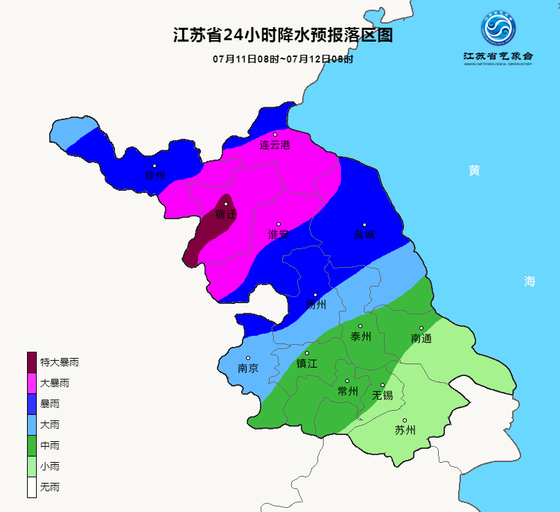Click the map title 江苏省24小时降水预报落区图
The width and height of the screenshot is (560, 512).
point(283,35)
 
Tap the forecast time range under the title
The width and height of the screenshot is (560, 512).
point(283,59)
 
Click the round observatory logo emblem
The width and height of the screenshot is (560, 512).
point(499,30)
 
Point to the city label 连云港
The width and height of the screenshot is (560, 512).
point(275,145)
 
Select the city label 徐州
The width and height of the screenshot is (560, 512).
point(155,176)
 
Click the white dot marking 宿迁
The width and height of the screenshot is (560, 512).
point(226,204)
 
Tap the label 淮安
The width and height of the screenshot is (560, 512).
point(279,234)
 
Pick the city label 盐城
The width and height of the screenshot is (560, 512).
point(365,234)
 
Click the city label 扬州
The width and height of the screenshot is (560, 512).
point(316,305)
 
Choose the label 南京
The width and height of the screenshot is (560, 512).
point(248,368)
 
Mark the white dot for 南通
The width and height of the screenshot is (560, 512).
point(421,328)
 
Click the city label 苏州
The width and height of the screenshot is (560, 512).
point(405,430)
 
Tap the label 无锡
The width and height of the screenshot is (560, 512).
point(383,395)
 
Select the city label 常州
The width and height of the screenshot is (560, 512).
point(347,391)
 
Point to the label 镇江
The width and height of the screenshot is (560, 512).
point(307,363)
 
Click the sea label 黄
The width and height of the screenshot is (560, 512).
point(474,171)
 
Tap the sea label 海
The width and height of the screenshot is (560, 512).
point(530,281)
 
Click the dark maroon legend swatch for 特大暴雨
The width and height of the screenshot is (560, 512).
point(32,362)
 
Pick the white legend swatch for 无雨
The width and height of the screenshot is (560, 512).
point(32,487)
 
